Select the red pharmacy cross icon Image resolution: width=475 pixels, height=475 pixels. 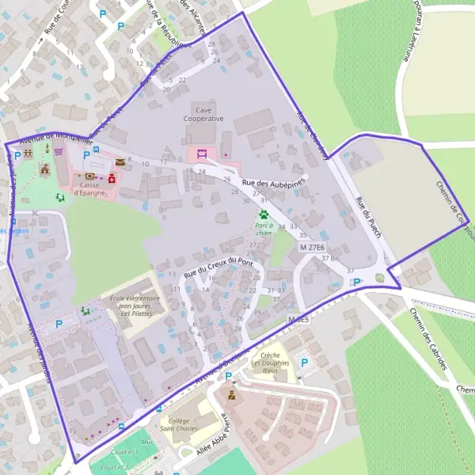pyautogui.click(x=112, y=180)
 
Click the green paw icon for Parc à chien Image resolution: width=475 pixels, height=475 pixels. pyautogui.click(x=264, y=214)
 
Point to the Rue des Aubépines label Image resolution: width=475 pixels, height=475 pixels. pyautogui.click(x=273, y=182)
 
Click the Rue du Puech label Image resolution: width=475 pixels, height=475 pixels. pyautogui.click(x=369, y=217)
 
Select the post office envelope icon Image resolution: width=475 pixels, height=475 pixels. pyautogui.click(x=120, y=162)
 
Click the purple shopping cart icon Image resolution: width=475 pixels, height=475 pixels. pyautogui.click(x=58, y=150)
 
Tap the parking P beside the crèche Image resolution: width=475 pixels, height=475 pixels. pyautogui.click(x=305, y=363)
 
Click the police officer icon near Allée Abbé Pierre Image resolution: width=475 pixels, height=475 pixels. pyautogui.click(x=232, y=393)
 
